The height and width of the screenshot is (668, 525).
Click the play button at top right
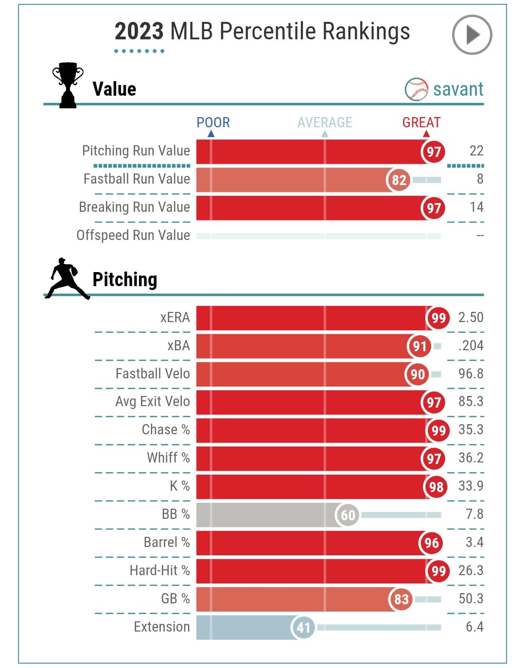(x=472, y=35)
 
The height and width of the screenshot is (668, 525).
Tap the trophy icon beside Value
(x=68, y=85)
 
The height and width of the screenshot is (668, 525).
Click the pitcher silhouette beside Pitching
(x=67, y=278)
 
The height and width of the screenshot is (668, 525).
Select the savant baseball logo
(x=416, y=89)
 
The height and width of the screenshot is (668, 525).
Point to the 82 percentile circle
(x=399, y=180)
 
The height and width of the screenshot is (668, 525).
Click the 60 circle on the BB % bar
(x=348, y=515)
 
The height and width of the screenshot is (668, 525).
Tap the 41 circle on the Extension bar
(x=303, y=628)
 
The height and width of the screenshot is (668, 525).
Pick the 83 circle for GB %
(x=401, y=599)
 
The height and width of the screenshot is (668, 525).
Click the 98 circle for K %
(x=436, y=487)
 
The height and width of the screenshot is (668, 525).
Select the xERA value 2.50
(x=471, y=318)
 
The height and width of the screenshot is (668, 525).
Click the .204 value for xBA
(x=471, y=346)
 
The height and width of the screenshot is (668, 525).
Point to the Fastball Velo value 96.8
(x=471, y=374)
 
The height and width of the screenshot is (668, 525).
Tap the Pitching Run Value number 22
(x=476, y=151)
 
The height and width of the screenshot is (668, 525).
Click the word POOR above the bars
(x=213, y=122)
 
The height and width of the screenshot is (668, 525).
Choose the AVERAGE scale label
(x=325, y=122)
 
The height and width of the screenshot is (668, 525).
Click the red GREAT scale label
(x=421, y=122)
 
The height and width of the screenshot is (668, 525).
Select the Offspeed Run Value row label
(x=133, y=236)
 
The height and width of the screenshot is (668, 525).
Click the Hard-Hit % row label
(x=159, y=570)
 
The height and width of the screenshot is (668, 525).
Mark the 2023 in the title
(x=139, y=32)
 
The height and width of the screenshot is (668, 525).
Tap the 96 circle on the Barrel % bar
(x=431, y=543)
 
